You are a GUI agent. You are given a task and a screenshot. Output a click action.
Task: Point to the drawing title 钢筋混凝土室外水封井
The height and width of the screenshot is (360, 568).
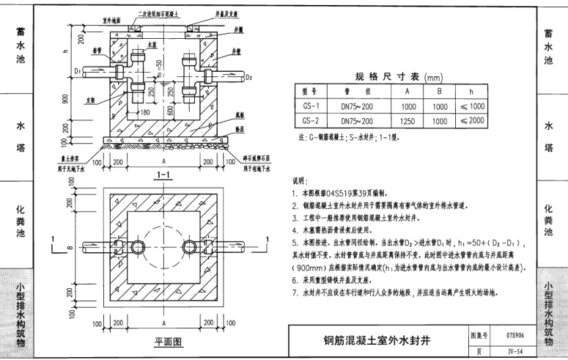coord(377,340)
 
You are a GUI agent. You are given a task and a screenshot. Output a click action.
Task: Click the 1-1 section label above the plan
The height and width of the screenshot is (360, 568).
coord(164,175)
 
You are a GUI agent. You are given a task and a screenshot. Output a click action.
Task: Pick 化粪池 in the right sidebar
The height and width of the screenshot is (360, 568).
coord(549,220)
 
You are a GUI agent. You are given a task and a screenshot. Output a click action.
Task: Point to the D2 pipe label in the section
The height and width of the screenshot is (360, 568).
coord(249,76)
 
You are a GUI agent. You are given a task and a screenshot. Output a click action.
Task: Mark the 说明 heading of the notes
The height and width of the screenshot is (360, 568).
coord(303,180)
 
